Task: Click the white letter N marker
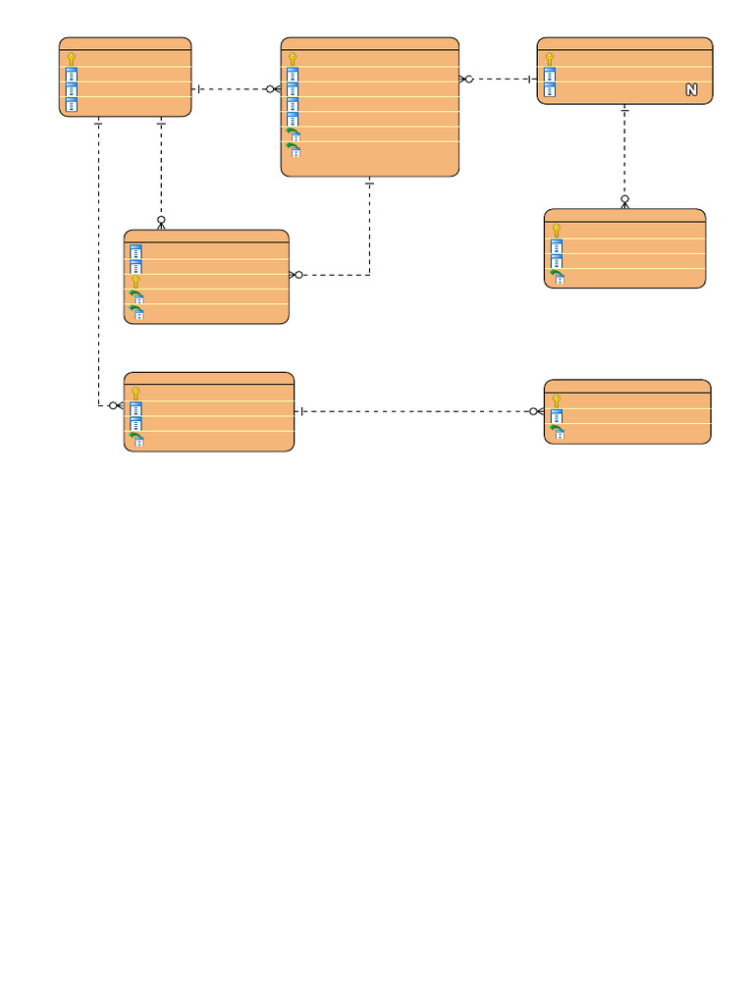(691, 89)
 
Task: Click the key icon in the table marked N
(550, 59)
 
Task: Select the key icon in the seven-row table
(293, 59)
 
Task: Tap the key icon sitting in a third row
(135, 282)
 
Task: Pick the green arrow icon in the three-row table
(558, 432)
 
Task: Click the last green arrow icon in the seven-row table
(293, 150)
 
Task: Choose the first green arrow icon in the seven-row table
(293, 134)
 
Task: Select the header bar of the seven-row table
(370, 43)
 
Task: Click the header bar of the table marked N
(624, 43)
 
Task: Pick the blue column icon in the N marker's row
(550, 89)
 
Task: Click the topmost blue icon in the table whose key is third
(135, 251)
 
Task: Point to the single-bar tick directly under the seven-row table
(369, 184)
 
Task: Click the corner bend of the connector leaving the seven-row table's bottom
(369, 275)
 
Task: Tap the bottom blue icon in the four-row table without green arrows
(71, 104)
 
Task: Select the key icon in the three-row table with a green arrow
(557, 401)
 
